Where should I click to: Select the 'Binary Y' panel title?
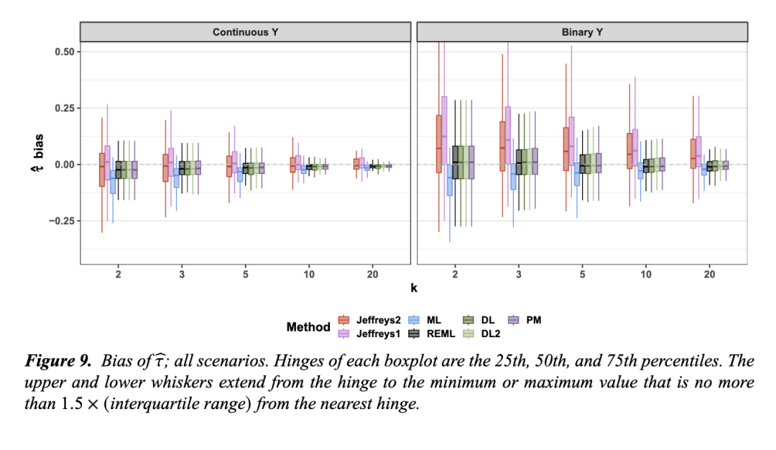pyautogui.click(x=582, y=32)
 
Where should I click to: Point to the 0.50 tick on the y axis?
pyautogui.click(x=64, y=52)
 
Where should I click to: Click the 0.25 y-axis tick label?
pyautogui.click(x=64, y=108)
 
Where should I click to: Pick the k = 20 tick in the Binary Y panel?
pyautogui.click(x=709, y=274)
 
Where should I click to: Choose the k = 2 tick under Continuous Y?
pyautogui.click(x=117, y=274)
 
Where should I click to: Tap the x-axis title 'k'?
pyautogui.click(x=414, y=288)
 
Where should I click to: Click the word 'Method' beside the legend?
pyautogui.click(x=308, y=327)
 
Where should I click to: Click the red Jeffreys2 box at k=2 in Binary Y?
pyautogui.click(x=439, y=144)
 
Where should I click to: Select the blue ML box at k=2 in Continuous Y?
pyautogui.click(x=113, y=183)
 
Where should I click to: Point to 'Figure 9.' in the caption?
pyautogui.click(x=55, y=360)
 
